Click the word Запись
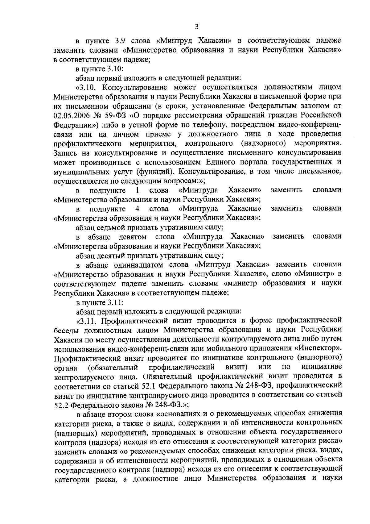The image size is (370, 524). click(x=65, y=153)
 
